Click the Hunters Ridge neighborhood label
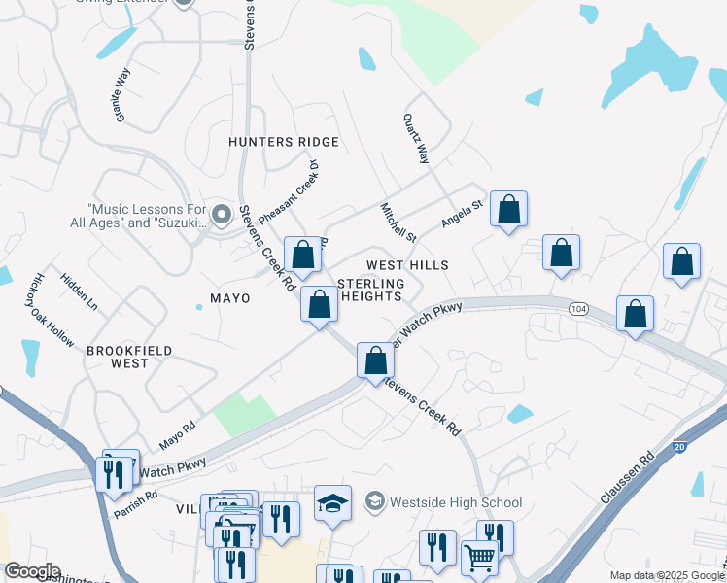tap(284, 142)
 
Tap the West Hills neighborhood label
tap(407, 265)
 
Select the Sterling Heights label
tap(369, 290)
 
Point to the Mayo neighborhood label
tap(230, 298)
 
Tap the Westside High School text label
tap(456, 502)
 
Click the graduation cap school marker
tap(332, 503)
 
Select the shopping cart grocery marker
tap(479, 558)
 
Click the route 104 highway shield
tap(578, 308)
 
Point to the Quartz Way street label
tap(416, 137)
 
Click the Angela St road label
tap(462, 214)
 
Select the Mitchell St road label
tap(398, 223)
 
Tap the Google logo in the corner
tap(32, 571)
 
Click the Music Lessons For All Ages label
tap(148, 216)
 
